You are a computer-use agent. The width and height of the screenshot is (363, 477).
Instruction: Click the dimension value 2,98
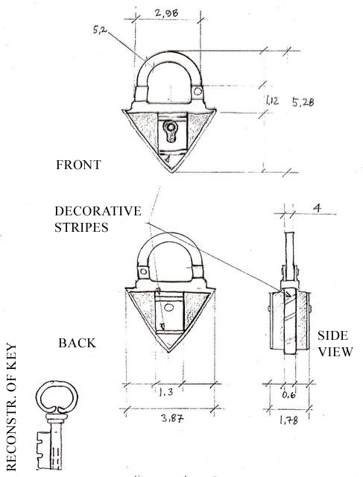tap(166, 13)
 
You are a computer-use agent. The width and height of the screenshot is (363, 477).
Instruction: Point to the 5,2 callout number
tap(100, 30)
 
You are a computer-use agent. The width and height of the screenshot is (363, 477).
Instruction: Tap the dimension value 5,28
tap(303, 102)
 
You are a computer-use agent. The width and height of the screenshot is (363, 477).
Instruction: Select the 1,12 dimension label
tap(272, 101)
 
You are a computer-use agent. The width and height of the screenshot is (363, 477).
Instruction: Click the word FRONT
tap(78, 165)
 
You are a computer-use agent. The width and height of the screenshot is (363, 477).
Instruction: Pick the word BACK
tap(78, 343)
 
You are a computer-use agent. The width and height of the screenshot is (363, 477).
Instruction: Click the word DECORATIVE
tap(98, 211)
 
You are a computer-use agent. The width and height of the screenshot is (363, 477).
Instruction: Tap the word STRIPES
tap(81, 227)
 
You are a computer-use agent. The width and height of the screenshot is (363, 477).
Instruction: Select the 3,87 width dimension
tap(172, 418)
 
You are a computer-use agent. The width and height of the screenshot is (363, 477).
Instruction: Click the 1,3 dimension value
tap(165, 392)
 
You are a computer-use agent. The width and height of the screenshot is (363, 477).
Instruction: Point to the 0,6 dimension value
tap(288, 395)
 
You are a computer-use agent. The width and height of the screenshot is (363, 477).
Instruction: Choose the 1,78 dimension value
tap(288, 420)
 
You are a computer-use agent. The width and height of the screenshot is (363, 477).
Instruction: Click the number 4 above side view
tap(317, 209)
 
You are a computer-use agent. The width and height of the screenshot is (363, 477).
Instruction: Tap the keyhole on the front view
tap(171, 131)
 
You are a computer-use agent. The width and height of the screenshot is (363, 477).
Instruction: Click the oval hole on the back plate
tap(168, 308)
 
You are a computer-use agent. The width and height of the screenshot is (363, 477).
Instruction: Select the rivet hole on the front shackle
tap(198, 91)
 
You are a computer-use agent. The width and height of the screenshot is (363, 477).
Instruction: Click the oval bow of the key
tap(57, 397)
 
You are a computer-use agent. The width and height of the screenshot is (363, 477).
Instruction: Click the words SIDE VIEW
tap(335, 344)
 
